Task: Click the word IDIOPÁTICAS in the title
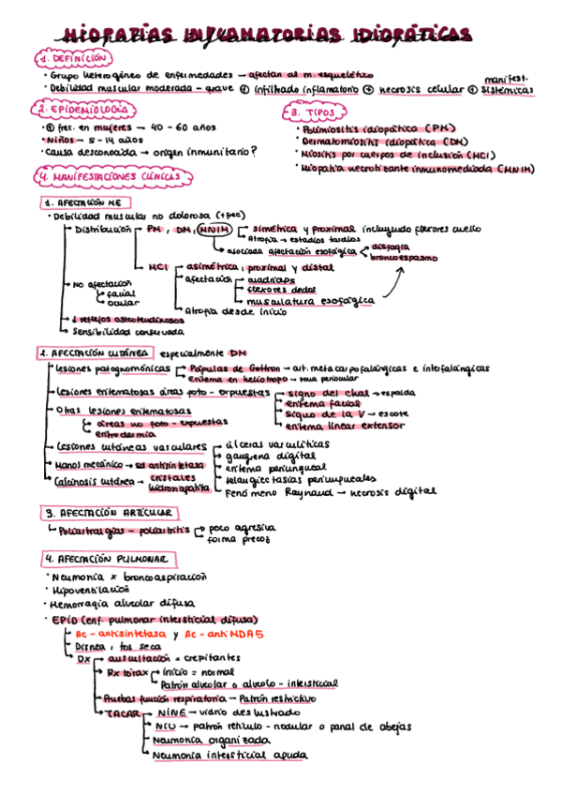coord(415,35)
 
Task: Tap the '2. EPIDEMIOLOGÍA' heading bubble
coord(76,110)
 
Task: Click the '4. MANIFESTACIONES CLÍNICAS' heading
coord(110,176)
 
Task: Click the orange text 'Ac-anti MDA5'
coord(225,634)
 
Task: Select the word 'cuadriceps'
coord(270,278)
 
